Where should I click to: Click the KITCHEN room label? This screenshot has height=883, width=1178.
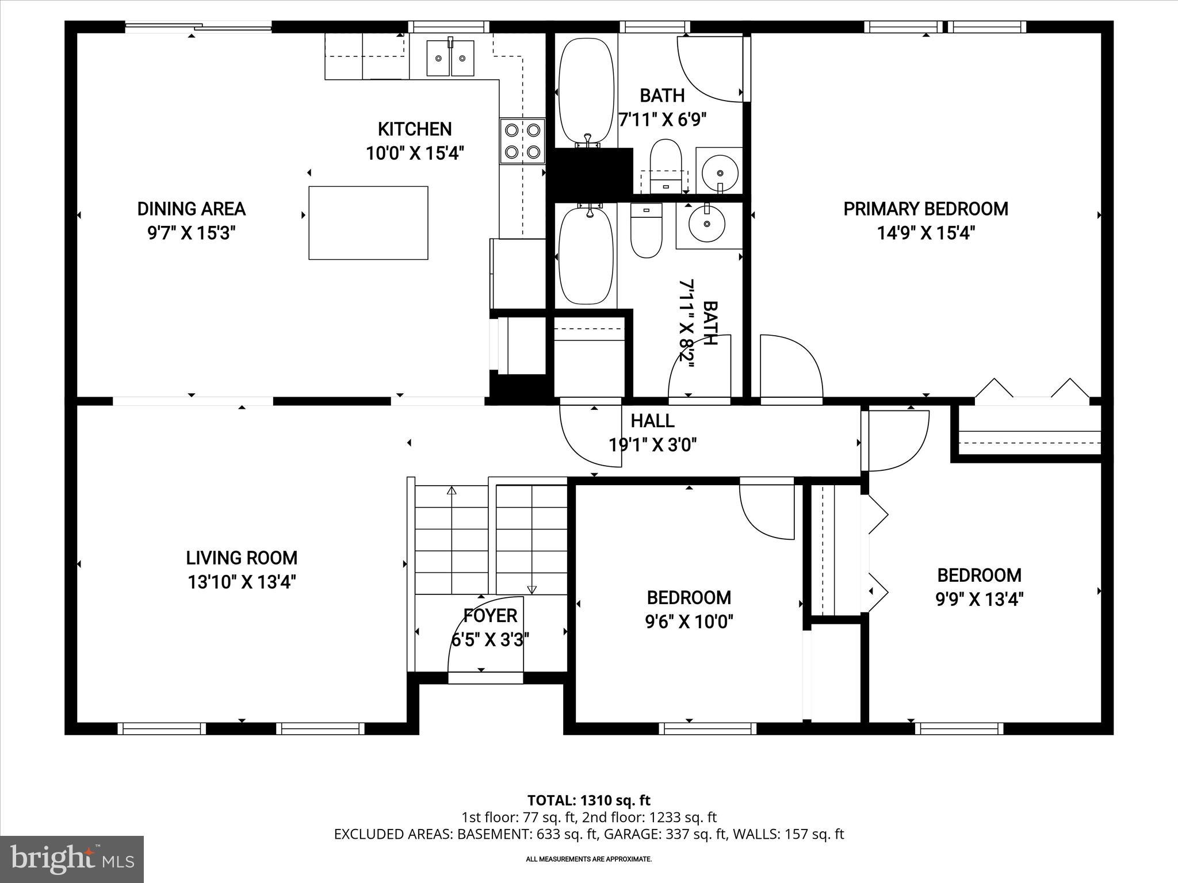pyautogui.click(x=414, y=129)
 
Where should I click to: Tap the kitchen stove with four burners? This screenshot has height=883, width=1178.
pyautogui.click(x=522, y=141)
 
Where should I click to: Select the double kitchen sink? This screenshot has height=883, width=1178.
pyautogui.click(x=450, y=57)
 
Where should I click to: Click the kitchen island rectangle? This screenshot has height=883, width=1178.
pyautogui.click(x=368, y=223)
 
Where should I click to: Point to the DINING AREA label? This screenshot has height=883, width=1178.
pyautogui.click(x=191, y=209)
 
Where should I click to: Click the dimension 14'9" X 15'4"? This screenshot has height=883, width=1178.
pyautogui.click(x=925, y=233)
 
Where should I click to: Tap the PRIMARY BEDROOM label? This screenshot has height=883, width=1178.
pyautogui.click(x=925, y=209)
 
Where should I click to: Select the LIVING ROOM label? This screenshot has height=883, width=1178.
pyautogui.click(x=242, y=558)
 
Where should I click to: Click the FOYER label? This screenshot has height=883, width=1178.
pyautogui.click(x=490, y=616)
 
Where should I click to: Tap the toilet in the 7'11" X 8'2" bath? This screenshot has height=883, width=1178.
pyautogui.click(x=646, y=231)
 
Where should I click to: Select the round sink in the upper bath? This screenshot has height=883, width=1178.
pyautogui.click(x=720, y=171)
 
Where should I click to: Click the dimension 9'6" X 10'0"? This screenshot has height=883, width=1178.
pyautogui.click(x=689, y=622)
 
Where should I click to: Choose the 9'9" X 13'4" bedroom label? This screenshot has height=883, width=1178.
pyautogui.click(x=979, y=575)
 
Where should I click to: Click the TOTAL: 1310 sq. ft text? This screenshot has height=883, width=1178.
pyautogui.click(x=588, y=800)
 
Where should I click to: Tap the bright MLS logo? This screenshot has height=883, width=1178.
pyautogui.click(x=72, y=859)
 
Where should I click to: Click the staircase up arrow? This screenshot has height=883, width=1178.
pyautogui.click(x=452, y=492)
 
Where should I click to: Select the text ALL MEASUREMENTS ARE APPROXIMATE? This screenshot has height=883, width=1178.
pyautogui.click(x=588, y=859)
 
